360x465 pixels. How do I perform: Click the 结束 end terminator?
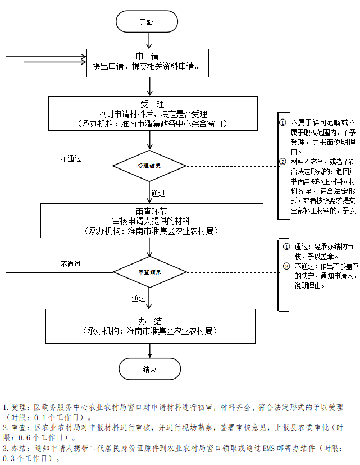point(149,370)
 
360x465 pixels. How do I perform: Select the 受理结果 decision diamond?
point(149,166)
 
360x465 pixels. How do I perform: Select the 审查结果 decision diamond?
point(149,272)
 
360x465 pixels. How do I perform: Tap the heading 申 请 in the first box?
point(147,56)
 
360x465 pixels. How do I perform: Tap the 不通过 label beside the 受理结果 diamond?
point(71,159)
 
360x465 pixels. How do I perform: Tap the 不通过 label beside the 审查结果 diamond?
point(71,264)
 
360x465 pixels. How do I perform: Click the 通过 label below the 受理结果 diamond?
point(158,193)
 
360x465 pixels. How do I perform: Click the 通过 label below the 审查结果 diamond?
point(139,298)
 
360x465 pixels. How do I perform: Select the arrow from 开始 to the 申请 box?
point(149,40)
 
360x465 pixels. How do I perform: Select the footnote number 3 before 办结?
point(5,449)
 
